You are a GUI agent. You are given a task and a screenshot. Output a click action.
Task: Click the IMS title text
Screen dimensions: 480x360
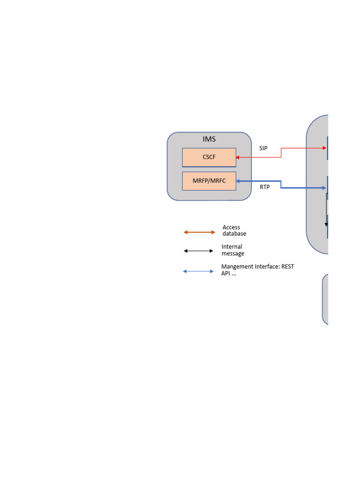click(x=209, y=139)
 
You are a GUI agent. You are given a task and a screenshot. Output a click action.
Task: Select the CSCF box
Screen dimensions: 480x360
click(x=209, y=157)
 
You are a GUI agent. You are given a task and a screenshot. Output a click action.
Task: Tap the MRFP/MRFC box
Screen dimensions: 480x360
click(x=209, y=181)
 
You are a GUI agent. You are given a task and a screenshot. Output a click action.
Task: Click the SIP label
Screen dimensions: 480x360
click(x=263, y=148)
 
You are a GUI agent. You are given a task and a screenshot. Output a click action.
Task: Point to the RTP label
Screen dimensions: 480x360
click(x=265, y=187)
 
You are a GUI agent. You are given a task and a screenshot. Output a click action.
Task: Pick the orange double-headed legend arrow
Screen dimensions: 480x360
click(x=199, y=232)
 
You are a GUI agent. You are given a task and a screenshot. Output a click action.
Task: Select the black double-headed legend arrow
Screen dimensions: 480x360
click(x=198, y=251)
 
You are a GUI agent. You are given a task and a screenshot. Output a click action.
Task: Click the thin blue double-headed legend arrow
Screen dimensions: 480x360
click(x=198, y=271)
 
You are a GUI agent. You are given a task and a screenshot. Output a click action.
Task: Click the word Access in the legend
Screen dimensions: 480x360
click(x=231, y=227)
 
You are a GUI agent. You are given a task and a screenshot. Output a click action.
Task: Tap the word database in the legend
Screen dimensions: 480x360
click(x=234, y=233)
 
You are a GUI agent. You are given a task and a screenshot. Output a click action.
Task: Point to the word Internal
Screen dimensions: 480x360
click(x=232, y=247)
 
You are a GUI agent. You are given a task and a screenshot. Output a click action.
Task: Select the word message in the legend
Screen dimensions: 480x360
click(x=233, y=254)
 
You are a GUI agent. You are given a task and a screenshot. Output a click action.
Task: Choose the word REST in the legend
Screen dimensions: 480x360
click(x=287, y=267)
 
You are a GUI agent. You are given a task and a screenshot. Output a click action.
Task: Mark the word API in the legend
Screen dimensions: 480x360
click(x=226, y=273)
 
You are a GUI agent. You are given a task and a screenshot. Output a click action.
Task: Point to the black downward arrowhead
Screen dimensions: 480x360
click(x=326, y=225)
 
